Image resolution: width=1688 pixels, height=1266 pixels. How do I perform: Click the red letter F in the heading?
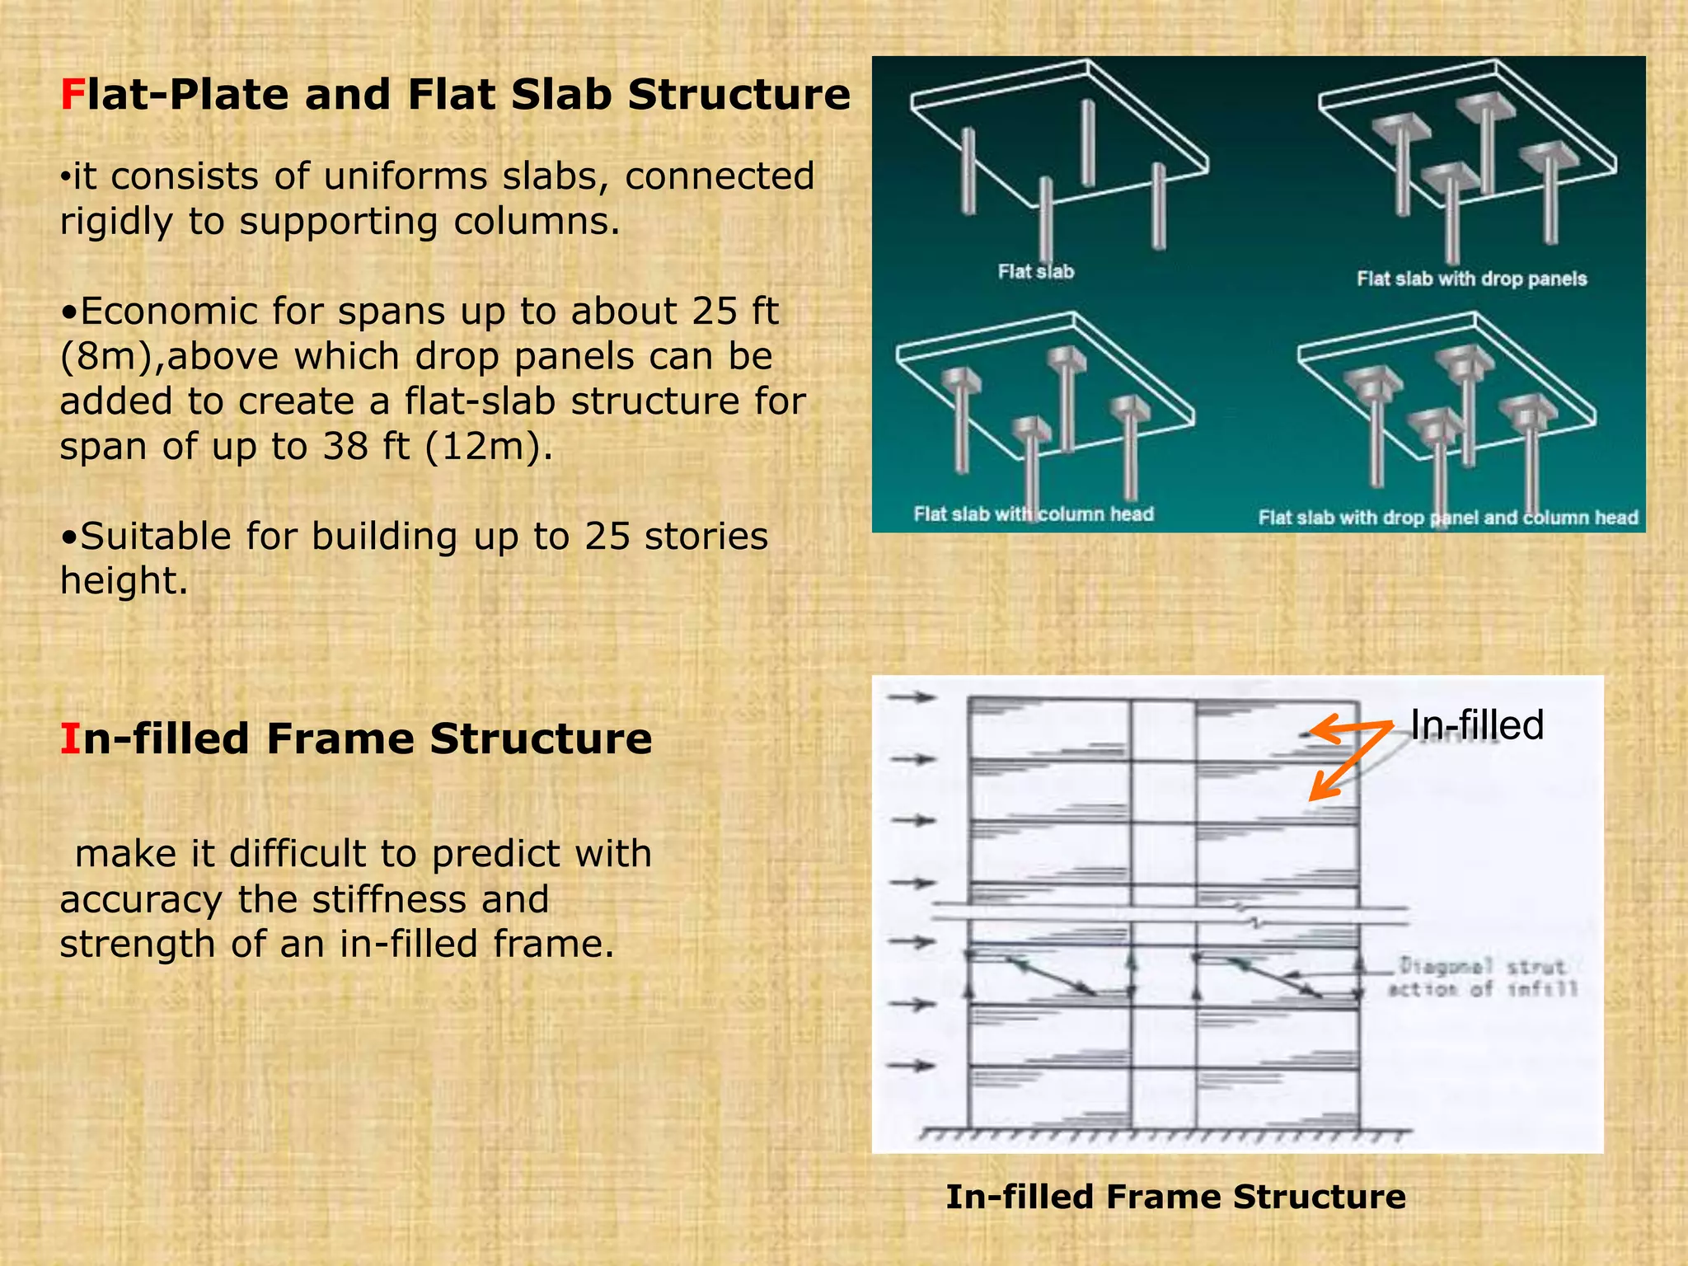click(x=72, y=94)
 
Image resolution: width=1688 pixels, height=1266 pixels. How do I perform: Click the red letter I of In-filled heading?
click(x=70, y=738)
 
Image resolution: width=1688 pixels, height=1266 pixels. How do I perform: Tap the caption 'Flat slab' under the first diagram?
click(x=1036, y=271)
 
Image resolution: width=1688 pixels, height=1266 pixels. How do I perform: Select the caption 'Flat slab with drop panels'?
click(x=1471, y=279)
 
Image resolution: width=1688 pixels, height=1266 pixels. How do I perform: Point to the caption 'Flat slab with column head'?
click(x=1034, y=514)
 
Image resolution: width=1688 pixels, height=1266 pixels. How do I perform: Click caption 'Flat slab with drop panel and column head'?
click(x=1447, y=518)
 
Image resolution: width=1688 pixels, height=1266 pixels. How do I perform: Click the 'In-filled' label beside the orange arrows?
click(x=1476, y=725)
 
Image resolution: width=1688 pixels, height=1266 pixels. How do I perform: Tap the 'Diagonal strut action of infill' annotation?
click(x=1482, y=978)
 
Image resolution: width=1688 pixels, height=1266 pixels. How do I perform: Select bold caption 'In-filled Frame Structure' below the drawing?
click(x=1175, y=1197)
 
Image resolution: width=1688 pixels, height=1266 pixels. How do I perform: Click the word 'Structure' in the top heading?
click(x=738, y=94)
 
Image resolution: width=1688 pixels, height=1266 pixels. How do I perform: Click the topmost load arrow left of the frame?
click(x=912, y=697)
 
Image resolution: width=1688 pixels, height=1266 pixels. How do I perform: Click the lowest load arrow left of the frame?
click(x=912, y=1066)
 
